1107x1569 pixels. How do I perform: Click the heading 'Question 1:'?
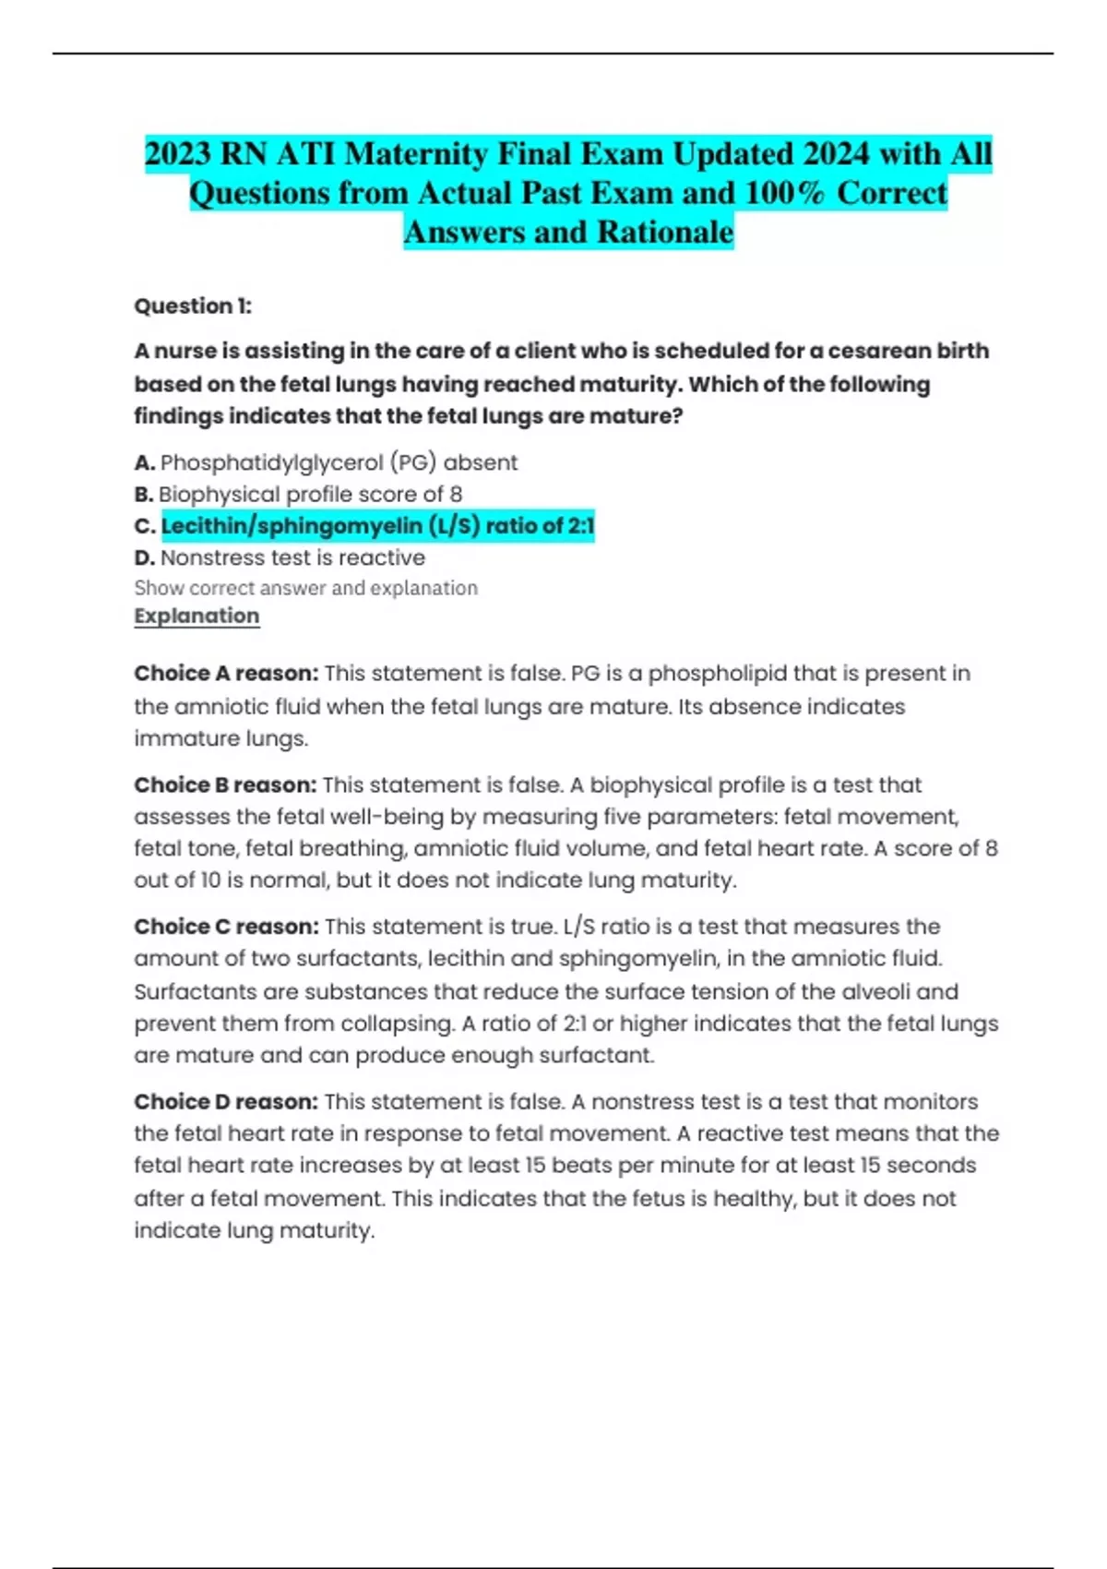[x=192, y=306]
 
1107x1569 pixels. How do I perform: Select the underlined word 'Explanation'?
[x=196, y=616]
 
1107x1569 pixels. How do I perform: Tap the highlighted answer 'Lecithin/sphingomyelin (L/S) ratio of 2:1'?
[x=377, y=526]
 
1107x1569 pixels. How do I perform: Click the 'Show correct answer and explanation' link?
[x=305, y=588]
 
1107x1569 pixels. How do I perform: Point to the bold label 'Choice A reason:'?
[x=226, y=674]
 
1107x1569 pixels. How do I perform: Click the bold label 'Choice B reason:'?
[x=225, y=785]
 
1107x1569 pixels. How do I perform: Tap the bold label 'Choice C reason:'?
[x=226, y=927]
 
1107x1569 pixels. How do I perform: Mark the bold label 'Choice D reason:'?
[x=226, y=1102]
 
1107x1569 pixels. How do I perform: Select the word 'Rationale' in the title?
[x=665, y=233]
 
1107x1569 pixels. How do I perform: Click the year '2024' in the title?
[x=837, y=153]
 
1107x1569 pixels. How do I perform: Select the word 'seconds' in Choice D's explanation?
[x=933, y=1166]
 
